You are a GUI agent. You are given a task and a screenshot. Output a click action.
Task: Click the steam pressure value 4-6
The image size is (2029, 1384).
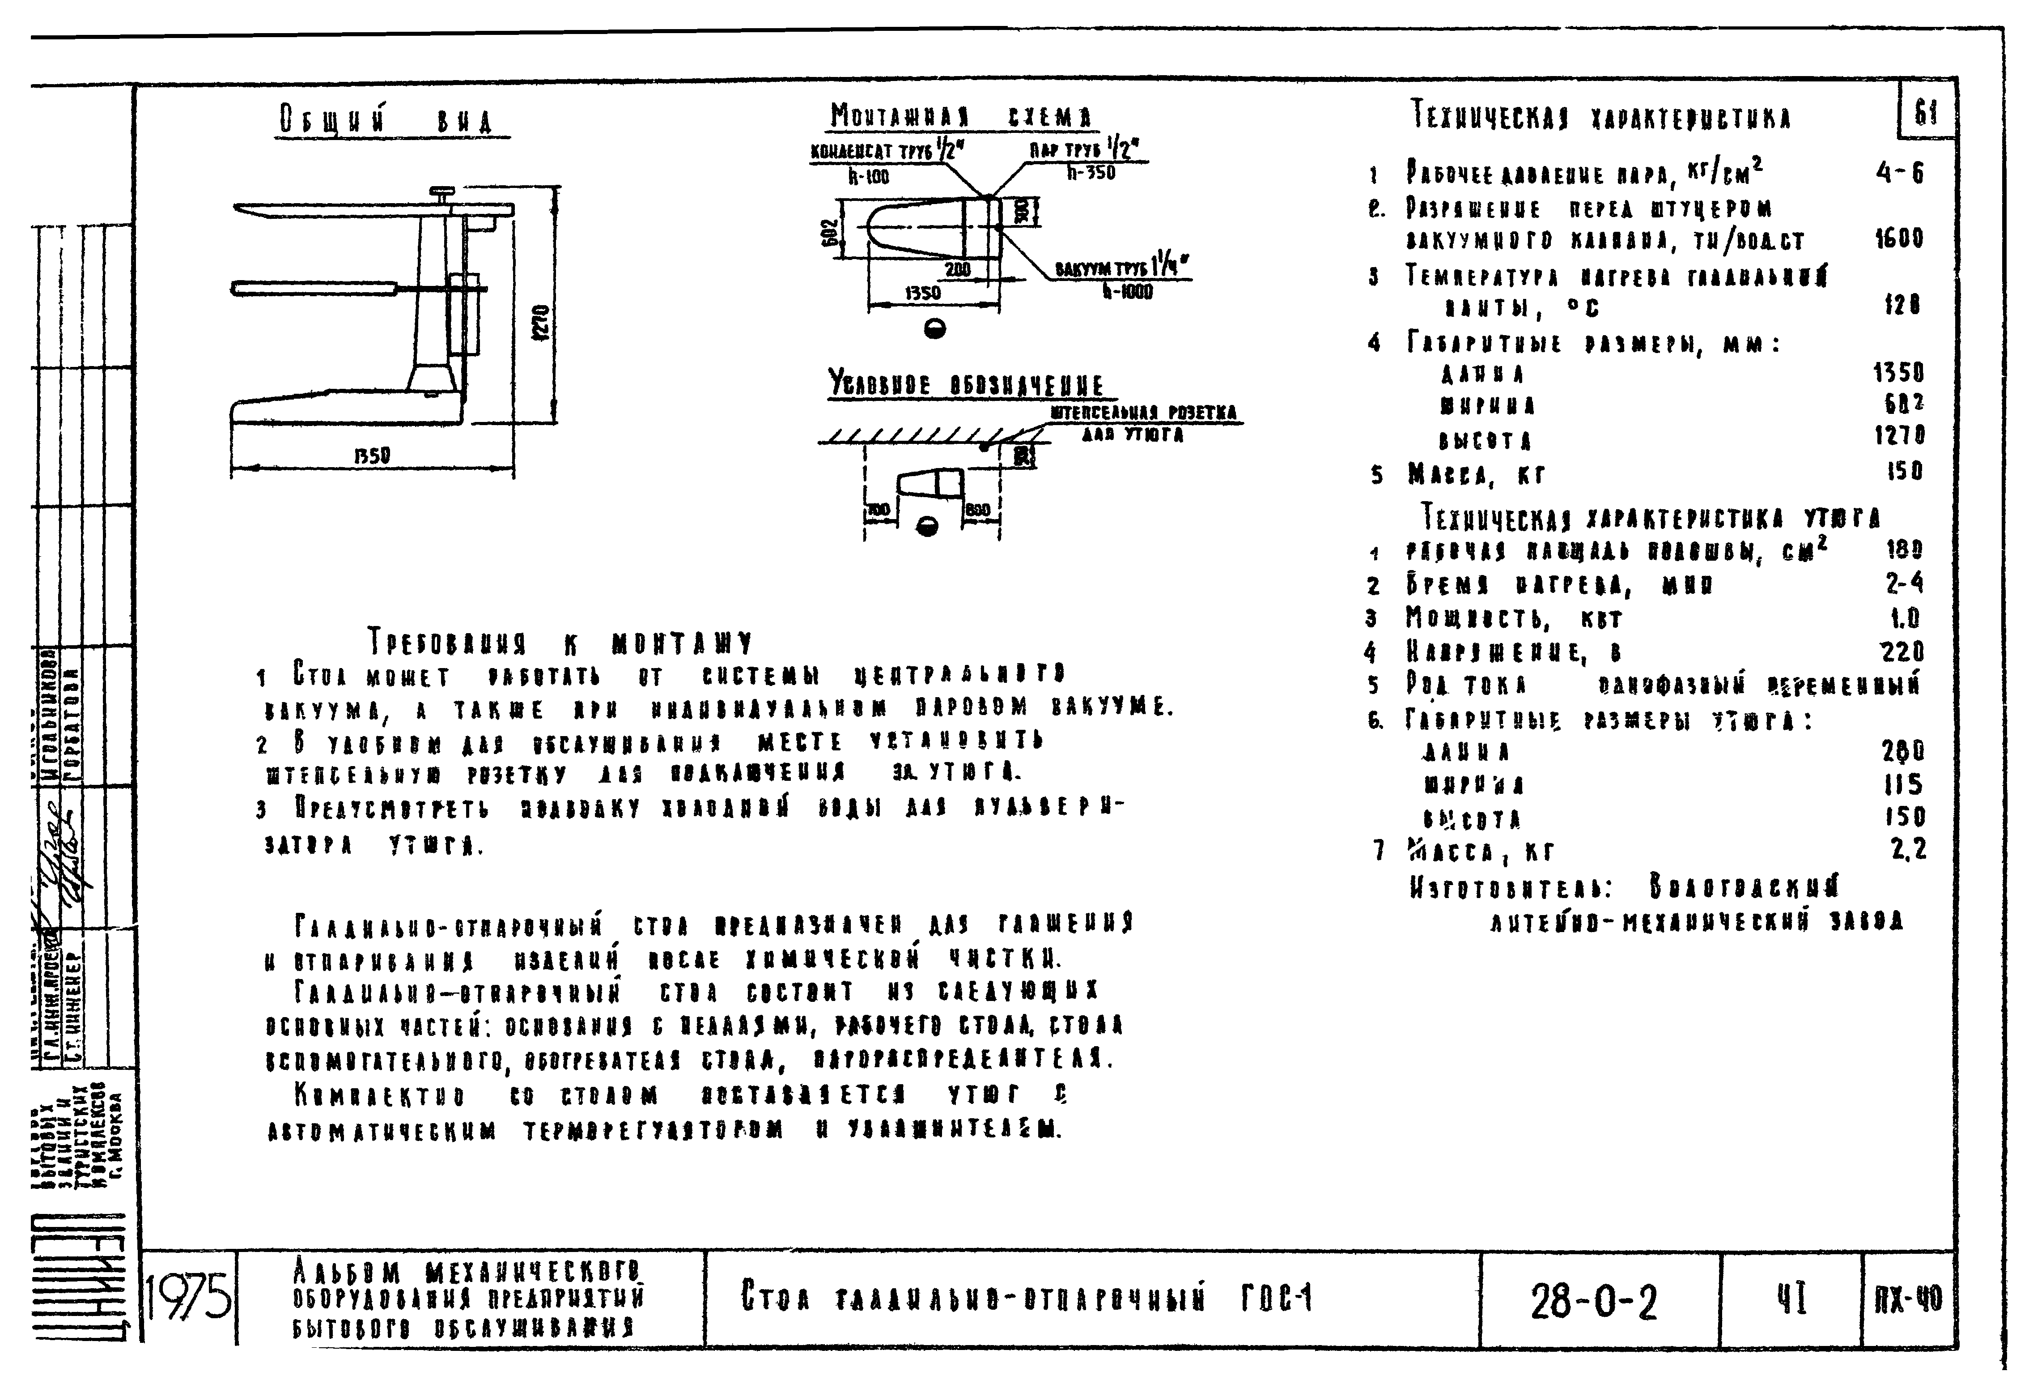[x=1899, y=173]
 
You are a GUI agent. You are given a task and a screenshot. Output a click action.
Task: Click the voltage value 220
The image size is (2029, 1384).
[x=1902, y=652]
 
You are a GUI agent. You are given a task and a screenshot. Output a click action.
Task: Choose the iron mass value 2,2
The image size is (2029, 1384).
[x=1908, y=849]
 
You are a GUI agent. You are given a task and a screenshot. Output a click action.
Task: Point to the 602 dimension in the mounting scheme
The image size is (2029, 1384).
[x=834, y=230]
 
